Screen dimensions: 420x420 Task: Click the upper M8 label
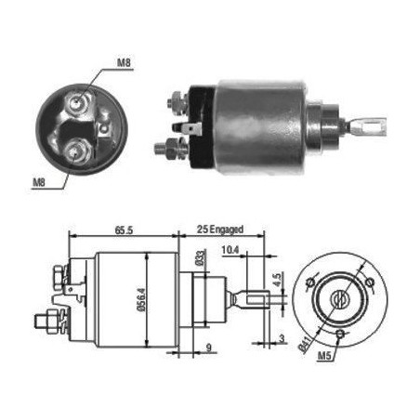click(124, 62)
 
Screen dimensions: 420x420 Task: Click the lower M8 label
click(39, 182)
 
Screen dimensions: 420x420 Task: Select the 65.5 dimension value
click(124, 230)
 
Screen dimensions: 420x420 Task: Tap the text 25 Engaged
click(220, 230)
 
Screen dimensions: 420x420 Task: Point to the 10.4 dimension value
click(230, 250)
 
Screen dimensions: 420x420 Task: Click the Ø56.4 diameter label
click(141, 299)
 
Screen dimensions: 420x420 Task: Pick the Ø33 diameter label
click(201, 257)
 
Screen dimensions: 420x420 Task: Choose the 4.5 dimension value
click(277, 280)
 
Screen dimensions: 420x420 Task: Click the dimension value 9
click(209, 348)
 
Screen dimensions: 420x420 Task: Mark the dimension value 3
click(282, 338)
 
